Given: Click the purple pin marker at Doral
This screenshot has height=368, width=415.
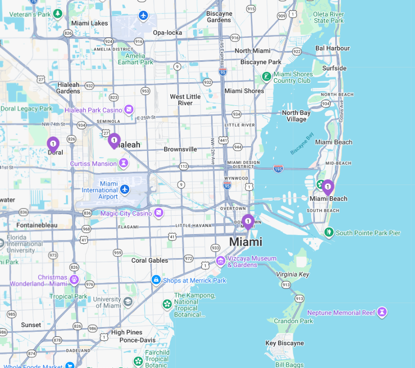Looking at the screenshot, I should coord(53,144).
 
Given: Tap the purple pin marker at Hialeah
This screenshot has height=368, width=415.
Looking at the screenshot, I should coord(114,140).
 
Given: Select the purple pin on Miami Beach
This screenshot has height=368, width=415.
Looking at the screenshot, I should coord(328,187).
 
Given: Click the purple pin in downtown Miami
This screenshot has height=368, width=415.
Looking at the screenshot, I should coord(248,221).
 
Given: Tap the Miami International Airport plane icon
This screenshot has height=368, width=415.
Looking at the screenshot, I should coord(124,190).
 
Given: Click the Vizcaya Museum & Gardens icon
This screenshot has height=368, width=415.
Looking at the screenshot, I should coord(221,261).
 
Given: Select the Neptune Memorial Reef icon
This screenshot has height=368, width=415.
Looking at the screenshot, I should coord(382,312).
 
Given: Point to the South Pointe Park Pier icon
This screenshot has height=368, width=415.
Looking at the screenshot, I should coord(329,233).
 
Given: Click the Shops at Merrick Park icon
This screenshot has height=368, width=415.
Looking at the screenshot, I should coord(156,280).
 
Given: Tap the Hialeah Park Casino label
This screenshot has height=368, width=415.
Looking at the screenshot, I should coord(94,110).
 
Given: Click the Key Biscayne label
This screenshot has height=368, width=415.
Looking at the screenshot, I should coord(285,343).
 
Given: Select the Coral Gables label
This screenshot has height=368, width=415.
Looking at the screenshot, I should coord(150,260).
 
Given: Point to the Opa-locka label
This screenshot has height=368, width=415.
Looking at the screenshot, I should coord(167,33).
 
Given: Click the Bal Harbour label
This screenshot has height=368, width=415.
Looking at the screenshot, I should coord(333,48).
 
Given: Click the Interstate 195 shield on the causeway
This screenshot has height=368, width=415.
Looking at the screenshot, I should coord(278,169).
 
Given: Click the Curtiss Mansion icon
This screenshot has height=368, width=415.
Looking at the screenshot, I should coord(123,163).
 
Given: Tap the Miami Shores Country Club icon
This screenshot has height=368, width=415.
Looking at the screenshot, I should coord(266,77).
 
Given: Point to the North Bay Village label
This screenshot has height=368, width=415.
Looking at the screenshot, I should coord(296,116).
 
